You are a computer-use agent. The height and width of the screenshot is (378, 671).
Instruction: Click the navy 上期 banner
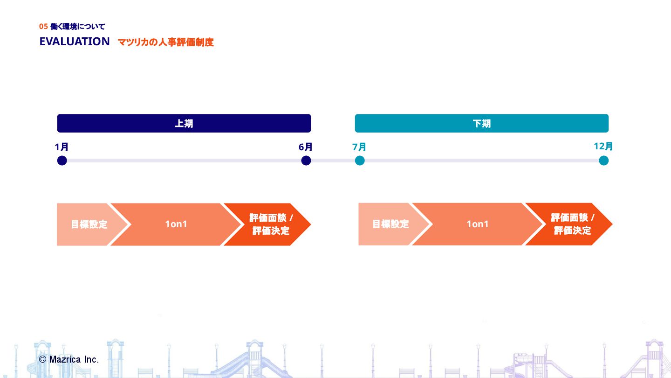[184, 123]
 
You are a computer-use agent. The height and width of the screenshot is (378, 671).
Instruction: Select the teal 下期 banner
[481, 123]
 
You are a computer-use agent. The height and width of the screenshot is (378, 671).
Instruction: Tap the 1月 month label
[62, 147]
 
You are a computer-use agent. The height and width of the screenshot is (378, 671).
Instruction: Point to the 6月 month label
[306, 147]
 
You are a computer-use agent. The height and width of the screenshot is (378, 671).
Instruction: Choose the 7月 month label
[359, 147]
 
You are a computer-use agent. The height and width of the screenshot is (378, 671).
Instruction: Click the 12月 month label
[603, 147]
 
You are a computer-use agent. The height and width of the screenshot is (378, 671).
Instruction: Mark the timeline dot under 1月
[62, 161]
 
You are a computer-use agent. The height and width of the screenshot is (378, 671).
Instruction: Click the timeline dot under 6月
[306, 161]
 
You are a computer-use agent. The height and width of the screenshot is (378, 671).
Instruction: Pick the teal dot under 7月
[360, 161]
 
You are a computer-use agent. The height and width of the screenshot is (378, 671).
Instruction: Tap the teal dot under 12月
[604, 161]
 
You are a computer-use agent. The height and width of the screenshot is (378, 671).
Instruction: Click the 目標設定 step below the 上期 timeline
[86, 224]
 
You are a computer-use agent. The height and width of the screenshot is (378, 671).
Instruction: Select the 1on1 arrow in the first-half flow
[176, 224]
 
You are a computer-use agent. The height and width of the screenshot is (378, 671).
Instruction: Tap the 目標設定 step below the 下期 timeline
[388, 224]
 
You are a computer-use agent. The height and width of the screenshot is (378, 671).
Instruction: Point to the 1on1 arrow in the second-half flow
[478, 224]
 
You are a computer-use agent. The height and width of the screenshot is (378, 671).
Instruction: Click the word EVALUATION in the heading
[75, 42]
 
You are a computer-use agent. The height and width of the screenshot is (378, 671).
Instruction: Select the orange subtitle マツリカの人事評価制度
[165, 42]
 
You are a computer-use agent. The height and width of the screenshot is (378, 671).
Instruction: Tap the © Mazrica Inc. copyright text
[69, 359]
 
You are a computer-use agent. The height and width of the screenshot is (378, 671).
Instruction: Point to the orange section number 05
[43, 27]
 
